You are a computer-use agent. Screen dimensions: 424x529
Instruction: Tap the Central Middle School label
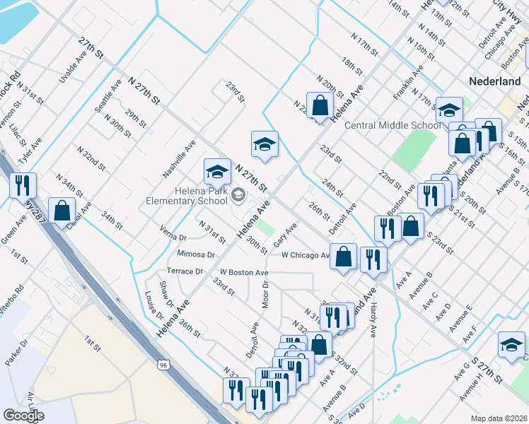[392, 126]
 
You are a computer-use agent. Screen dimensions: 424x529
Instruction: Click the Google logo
[23, 416]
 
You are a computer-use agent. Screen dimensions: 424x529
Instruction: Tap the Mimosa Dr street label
[197, 254]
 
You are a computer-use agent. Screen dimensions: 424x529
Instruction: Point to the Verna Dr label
[173, 237]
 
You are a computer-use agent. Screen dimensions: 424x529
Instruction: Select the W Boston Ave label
[243, 272]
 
